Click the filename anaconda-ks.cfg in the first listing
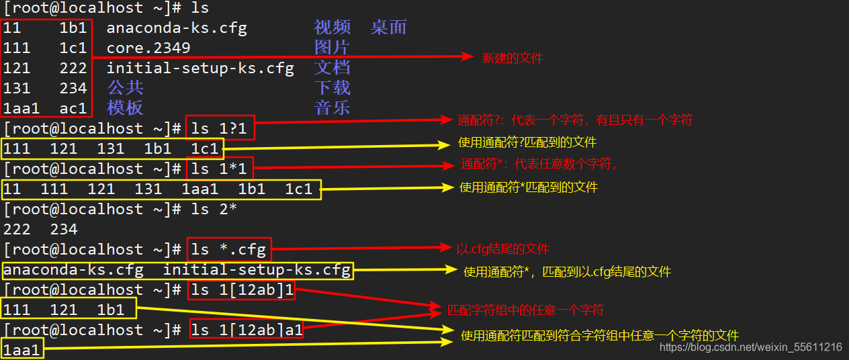tap(177, 28)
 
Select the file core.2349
tap(148, 48)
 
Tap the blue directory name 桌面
tap(388, 28)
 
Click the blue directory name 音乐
tap(332, 108)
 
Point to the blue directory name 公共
tap(125, 88)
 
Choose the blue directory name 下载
tap(332, 88)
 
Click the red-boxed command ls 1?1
tap(220, 128)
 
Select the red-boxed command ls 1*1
tap(220, 169)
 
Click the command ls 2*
tap(214, 209)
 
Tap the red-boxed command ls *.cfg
tap(228, 250)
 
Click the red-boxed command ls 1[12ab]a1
tap(247, 330)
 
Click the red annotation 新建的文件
tap(512, 58)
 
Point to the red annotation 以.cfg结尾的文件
tap(502, 249)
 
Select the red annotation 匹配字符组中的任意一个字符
tap(525, 310)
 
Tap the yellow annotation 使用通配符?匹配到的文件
tap(527, 142)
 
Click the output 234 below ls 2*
tap(64, 230)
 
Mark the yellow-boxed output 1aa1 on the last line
tap(21, 350)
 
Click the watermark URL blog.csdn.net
tap(750, 347)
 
